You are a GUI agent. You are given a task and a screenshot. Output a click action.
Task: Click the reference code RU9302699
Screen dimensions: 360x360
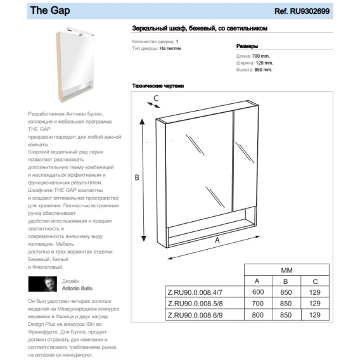click(310, 11)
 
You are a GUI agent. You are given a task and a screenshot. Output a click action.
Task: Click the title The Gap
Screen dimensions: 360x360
click(50, 11)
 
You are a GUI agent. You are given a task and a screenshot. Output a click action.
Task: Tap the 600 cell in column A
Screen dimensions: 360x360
click(258, 292)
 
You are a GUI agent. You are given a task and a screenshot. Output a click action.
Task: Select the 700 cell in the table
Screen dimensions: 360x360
click(257, 304)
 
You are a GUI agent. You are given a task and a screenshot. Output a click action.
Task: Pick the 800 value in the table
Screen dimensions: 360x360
click(257, 315)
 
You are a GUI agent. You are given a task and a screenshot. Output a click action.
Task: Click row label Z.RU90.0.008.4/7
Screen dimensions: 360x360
click(195, 293)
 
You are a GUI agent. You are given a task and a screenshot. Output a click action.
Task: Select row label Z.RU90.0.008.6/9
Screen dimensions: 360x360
click(195, 315)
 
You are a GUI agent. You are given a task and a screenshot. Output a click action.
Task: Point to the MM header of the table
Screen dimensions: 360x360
click(286, 270)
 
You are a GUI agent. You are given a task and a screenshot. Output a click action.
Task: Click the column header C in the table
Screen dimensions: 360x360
click(315, 281)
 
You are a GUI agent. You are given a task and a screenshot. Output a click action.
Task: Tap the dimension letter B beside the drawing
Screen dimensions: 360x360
click(137, 177)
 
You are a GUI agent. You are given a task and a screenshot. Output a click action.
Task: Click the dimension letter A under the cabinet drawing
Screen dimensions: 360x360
click(217, 240)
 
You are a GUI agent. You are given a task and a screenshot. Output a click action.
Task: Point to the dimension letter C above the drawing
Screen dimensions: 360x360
click(156, 98)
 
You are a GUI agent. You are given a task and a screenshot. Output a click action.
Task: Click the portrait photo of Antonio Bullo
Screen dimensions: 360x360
click(42, 284)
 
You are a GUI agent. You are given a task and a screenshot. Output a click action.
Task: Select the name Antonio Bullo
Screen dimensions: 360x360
click(77, 288)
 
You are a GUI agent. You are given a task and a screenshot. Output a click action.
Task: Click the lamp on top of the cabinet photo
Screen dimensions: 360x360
click(80, 32)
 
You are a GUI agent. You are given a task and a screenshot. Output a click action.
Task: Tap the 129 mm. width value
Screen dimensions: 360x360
click(264, 63)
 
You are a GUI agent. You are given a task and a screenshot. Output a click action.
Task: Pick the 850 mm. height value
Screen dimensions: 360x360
click(263, 70)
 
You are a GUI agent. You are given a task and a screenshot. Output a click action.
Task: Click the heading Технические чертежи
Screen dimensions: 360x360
click(158, 86)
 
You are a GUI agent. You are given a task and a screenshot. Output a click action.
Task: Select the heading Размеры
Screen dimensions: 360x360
click(247, 46)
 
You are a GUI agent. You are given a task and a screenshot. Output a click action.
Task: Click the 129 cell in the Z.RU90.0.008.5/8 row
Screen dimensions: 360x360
click(315, 304)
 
